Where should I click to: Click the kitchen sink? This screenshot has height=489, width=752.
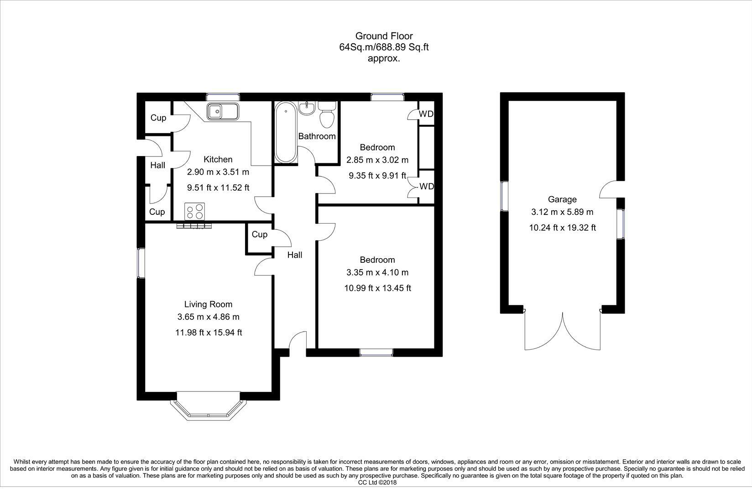tap(223, 111)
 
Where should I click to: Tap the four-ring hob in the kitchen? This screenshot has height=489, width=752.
tap(195, 212)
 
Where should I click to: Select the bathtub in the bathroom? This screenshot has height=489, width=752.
tap(286, 133)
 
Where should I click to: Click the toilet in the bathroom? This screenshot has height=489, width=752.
tap(327, 115)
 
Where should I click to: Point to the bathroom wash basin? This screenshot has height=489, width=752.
tap(307, 108)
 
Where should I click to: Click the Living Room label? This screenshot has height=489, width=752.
tap(208, 304)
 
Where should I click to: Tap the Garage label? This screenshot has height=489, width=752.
tap(562, 199)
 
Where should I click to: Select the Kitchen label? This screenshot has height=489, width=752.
tap(218, 159)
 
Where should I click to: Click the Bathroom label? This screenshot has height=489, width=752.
tap(317, 136)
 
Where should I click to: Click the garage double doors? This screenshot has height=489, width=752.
tap(562, 331)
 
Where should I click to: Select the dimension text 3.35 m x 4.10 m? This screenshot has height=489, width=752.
tap(377, 272)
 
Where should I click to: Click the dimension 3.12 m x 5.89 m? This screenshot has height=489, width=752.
tap(562, 212)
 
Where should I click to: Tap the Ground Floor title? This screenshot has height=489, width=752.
tap(384, 36)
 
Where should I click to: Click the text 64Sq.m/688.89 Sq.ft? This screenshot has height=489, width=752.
tap(384, 47)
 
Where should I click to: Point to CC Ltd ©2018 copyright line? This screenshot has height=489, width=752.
tap(377, 483)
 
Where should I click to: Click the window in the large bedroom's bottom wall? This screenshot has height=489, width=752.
tap(376, 353)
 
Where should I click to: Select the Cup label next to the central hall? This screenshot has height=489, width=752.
tap(260, 234)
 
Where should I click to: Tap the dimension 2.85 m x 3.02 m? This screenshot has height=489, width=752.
tap(377, 160)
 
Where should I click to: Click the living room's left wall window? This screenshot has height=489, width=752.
tap(141, 263)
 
